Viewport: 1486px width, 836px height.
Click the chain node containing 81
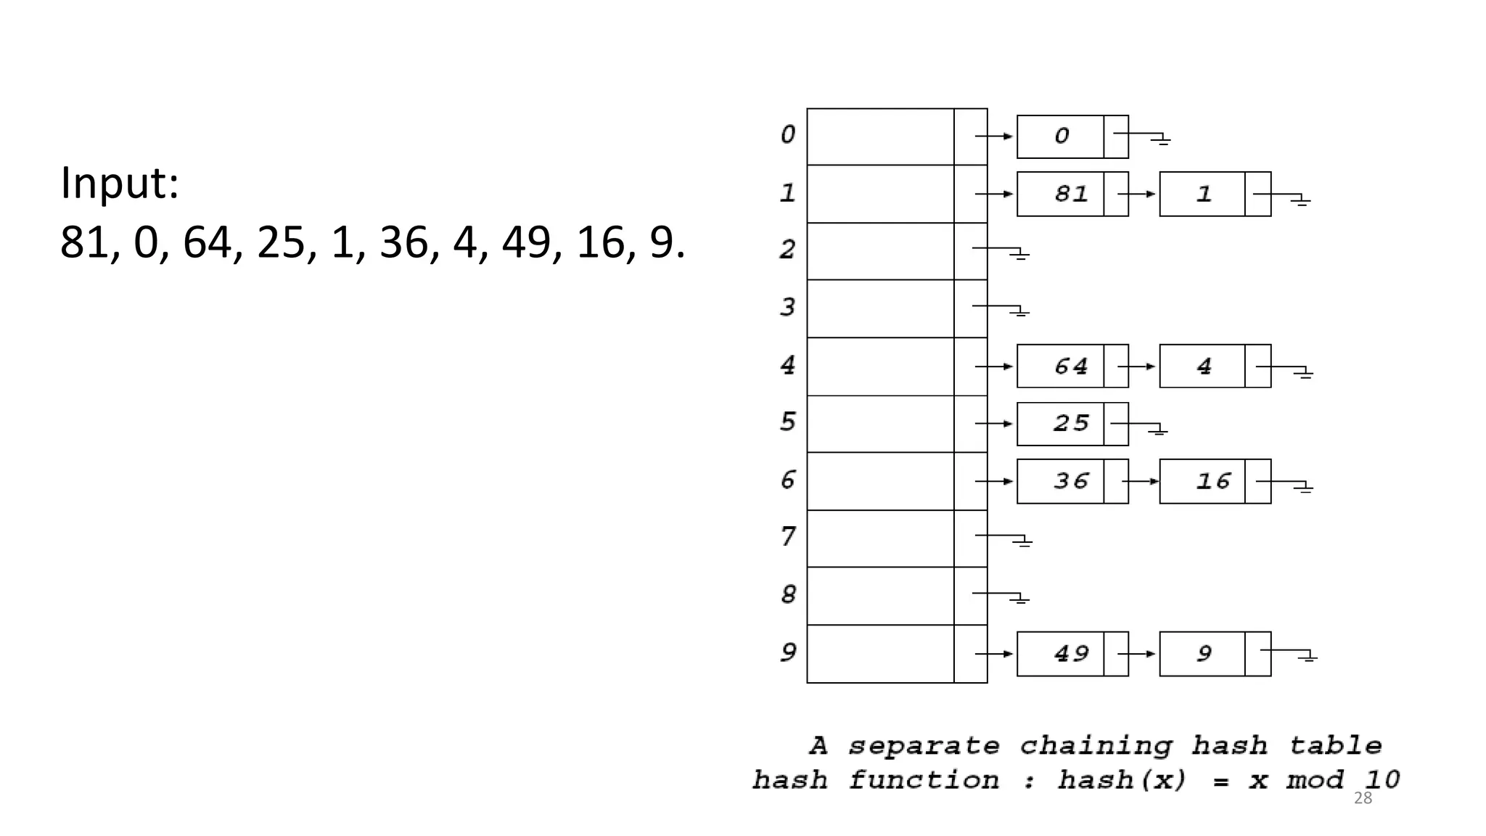click(1072, 194)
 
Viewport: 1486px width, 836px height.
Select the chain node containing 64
click(1072, 366)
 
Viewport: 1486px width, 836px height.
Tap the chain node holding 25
click(1072, 423)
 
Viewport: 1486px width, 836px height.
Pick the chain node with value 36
click(1072, 480)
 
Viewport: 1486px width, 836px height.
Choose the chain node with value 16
click(1214, 480)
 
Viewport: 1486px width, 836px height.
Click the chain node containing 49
click(1072, 653)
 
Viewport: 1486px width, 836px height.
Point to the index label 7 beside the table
click(788, 537)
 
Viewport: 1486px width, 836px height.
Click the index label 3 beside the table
click(788, 307)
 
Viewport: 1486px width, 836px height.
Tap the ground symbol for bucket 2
click(1020, 254)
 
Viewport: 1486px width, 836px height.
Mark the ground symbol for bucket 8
click(1020, 599)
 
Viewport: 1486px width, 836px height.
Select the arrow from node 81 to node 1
click(1137, 194)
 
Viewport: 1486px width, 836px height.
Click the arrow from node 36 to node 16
click(1141, 481)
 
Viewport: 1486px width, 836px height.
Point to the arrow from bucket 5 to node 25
click(994, 423)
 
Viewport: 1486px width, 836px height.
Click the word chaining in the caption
click(1096, 746)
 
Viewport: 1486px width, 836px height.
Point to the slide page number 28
click(1363, 798)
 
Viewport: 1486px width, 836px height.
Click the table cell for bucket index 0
click(880, 136)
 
